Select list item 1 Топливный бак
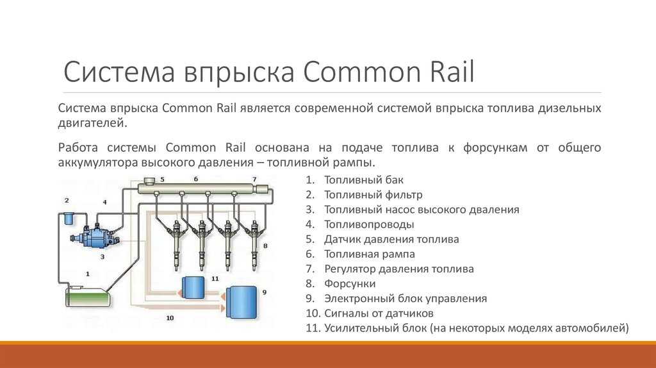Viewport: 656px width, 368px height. point(354,180)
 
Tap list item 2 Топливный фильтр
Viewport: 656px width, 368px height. point(364,195)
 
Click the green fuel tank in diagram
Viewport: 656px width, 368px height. point(88,296)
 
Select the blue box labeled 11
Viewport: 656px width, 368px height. point(193,287)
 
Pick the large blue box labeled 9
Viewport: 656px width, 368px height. point(242,301)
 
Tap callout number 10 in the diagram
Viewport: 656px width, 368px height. point(170,318)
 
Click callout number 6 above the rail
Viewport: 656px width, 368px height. point(196,179)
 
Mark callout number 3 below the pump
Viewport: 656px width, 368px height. point(102,256)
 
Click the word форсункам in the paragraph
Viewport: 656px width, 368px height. point(495,148)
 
